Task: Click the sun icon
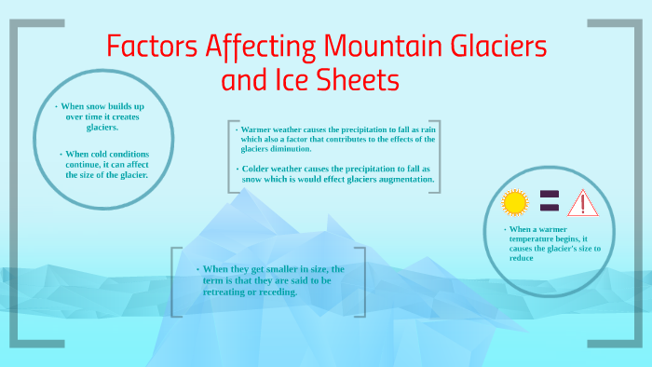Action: (515, 202)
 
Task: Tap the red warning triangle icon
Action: (583, 202)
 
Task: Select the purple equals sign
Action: (550, 201)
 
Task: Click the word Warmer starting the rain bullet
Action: (257, 129)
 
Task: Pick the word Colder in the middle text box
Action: (256, 169)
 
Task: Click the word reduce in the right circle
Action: (521, 258)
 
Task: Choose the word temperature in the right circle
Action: (535, 238)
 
